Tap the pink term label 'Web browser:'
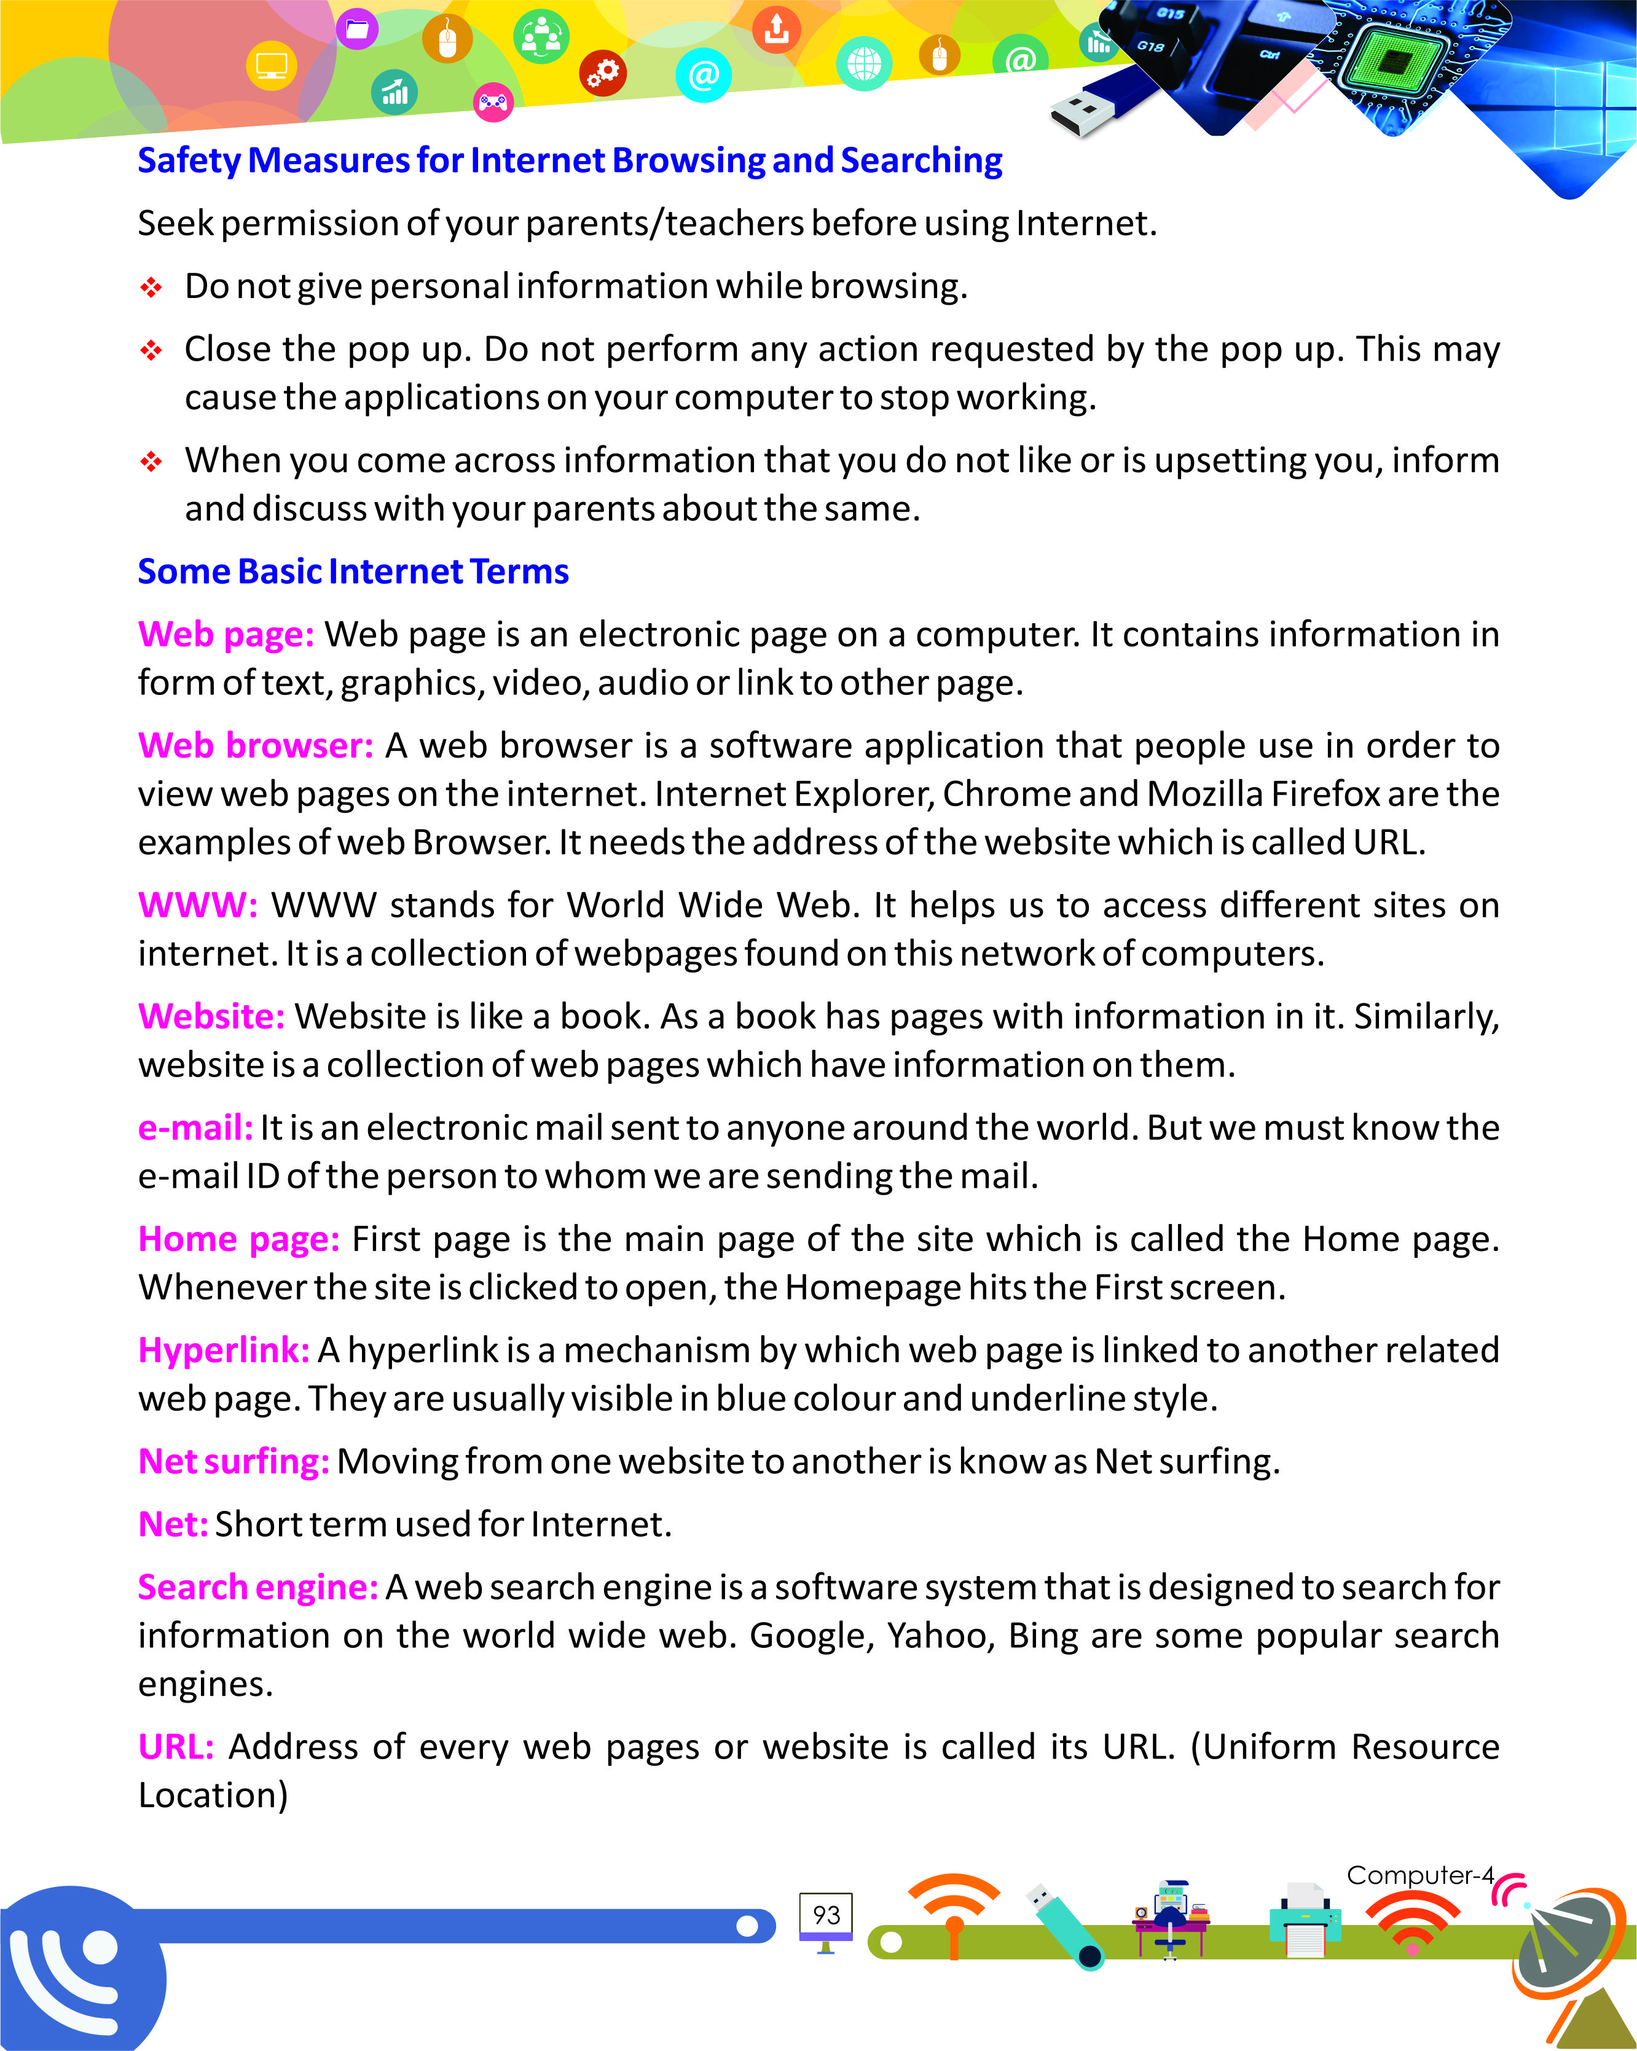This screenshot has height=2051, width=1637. (x=255, y=746)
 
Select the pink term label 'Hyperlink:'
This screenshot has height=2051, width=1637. (x=224, y=1350)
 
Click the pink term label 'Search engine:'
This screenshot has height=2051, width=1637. (x=257, y=1586)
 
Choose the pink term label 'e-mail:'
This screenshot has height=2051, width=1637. (x=195, y=1127)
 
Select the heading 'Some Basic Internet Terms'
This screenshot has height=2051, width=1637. (x=353, y=571)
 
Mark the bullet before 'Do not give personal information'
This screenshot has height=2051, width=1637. (x=151, y=288)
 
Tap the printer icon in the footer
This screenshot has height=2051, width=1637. (x=1305, y=1919)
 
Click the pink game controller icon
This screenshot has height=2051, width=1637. (x=493, y=102)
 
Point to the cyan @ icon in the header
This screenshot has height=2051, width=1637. (x=703, y=75)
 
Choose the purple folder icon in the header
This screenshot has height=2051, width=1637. (x=356, y=29)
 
